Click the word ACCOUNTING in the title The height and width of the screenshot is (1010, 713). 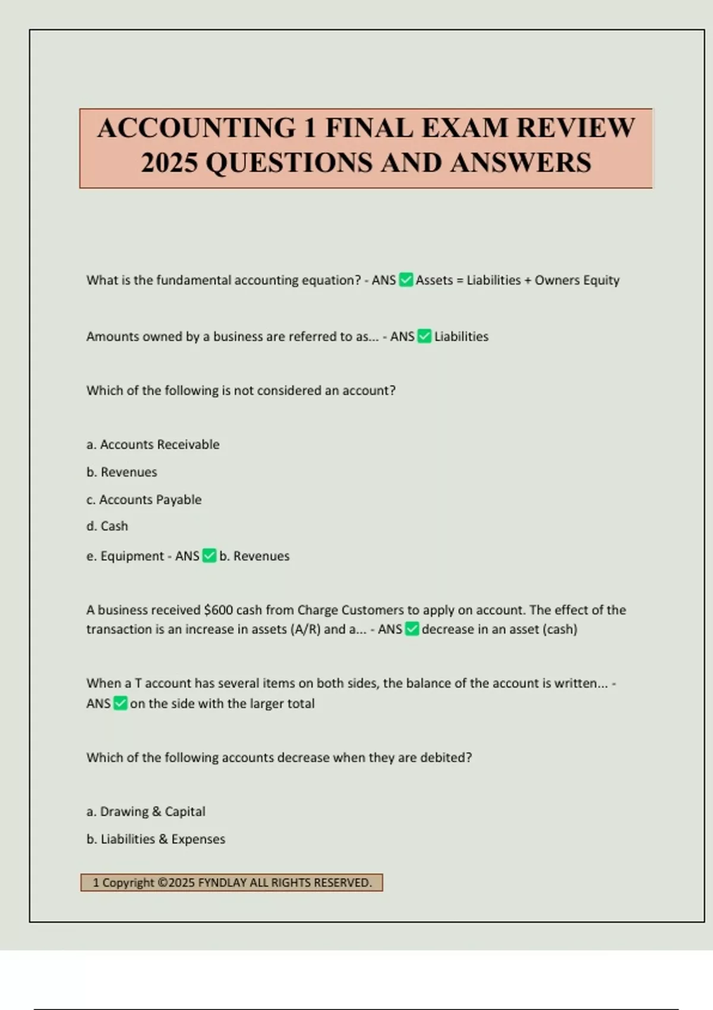[x=196, y=128]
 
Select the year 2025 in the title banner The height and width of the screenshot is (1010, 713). [x=169, y=163]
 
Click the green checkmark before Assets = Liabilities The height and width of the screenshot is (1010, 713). [x=406, y=280]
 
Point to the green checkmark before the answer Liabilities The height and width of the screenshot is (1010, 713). [x=424, y=336]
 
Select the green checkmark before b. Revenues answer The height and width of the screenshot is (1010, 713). [x=209, y=556]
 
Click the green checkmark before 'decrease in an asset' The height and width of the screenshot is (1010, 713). [x=412, y=629]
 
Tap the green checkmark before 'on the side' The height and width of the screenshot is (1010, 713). [x=120, y=703]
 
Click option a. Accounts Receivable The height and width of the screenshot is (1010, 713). [x=153, y=444]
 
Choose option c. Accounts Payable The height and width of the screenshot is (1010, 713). [x=144, y=500]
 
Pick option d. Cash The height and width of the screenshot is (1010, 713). [x=107, y=526]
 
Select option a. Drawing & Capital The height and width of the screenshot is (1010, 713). [x=146, y=812]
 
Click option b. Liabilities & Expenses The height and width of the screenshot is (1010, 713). [x=156, y=839]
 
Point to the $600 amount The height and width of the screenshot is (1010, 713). [x=218, y=610]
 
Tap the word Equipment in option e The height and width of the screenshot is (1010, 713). [x=132, y=556]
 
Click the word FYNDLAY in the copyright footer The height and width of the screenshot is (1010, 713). [x=222, y=883]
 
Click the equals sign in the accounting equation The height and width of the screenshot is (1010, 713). [x=459, y=280]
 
